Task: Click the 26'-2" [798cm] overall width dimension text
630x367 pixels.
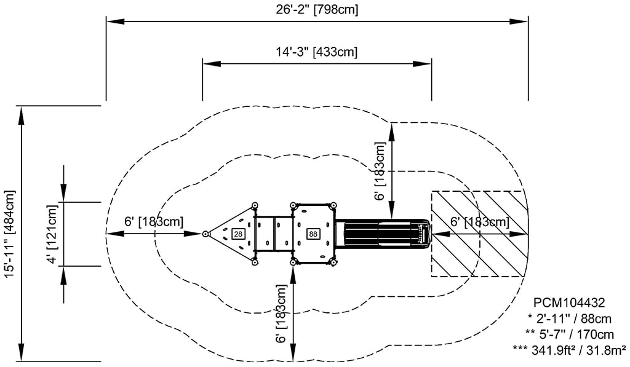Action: coord(317,9)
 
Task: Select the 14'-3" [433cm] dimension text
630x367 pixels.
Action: coord(317,52)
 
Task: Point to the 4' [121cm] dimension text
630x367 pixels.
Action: coord(52,234)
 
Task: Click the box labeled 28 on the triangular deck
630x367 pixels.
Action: coord(238,234)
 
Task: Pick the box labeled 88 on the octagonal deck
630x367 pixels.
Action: coord(313,234)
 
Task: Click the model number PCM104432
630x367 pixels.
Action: coord(568,302)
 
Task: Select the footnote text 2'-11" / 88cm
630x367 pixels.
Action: coord(574,318)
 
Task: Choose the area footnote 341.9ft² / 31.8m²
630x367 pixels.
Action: coord(578,350)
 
